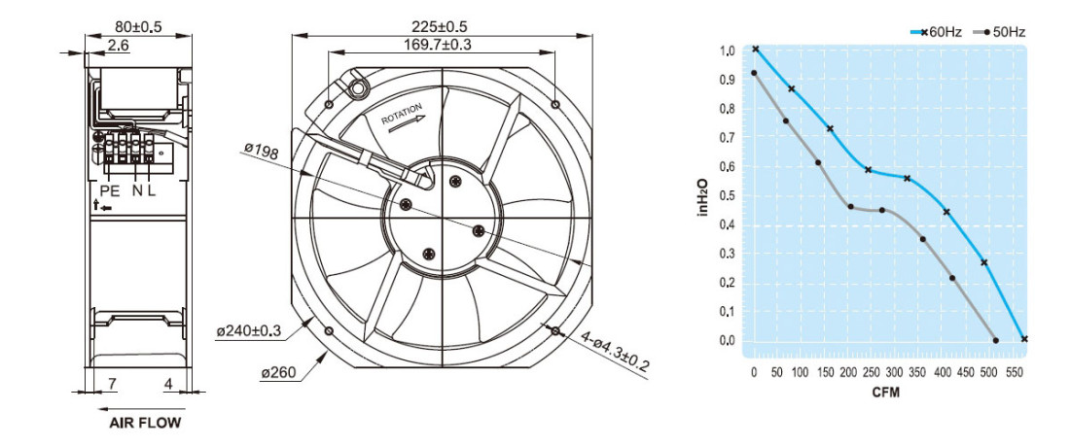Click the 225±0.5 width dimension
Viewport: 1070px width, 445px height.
click(440, 26)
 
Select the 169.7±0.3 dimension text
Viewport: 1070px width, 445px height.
click(440, 45)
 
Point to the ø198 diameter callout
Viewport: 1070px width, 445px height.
click(261, 152)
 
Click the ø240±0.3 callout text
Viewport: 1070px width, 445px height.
click(250, 332)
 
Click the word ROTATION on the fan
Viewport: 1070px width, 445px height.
click(402, 113)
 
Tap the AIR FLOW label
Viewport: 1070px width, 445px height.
click(145, 423)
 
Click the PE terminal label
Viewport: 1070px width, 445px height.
click(109, 190)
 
